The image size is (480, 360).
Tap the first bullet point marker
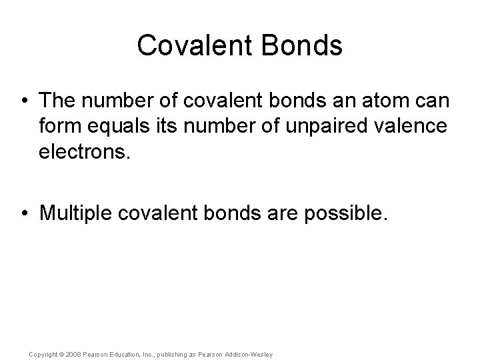[25, 101]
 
